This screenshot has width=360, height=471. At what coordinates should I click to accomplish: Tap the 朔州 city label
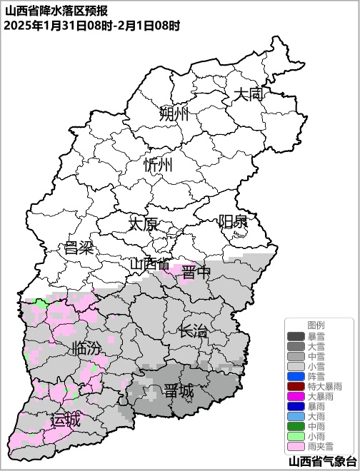click(x=174, y=114)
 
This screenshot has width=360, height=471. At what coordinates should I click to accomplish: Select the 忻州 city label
click(x=158, y=166)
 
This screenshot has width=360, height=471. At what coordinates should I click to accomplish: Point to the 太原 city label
click(x=143, y=224)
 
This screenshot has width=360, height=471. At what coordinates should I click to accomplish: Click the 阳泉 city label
click(x=233, y=221)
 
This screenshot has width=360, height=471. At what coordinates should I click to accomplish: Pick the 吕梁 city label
click(x=79, y=248)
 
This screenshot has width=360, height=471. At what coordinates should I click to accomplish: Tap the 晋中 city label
click(x=196, y=272)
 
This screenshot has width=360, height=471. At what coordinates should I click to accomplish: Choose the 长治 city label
click(x=193, y=331)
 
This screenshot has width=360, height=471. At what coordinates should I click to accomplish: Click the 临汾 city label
click(x=87, y=349)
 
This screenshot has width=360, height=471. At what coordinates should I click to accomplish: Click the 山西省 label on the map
click(x=150, y=265)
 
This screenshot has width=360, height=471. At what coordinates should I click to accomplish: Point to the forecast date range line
click(x=91, y=25)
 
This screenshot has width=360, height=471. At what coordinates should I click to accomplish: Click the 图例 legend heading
click(x=316, y=325)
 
